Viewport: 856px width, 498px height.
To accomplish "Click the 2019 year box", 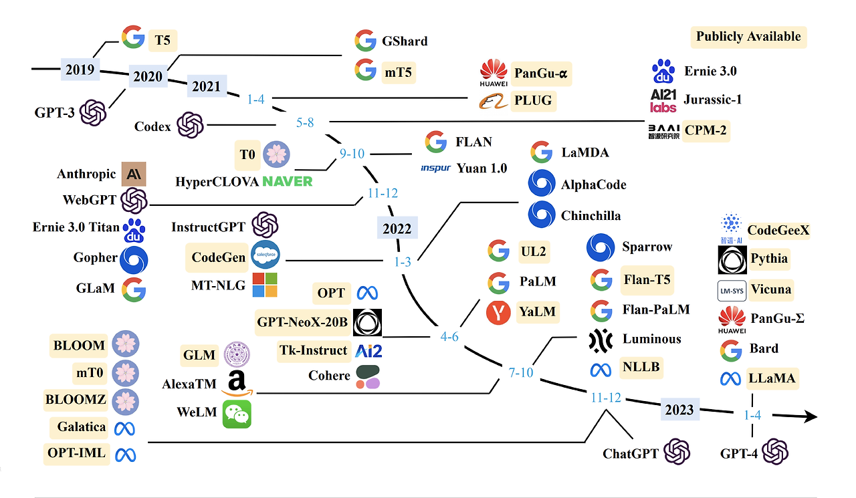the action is tap(80, 70).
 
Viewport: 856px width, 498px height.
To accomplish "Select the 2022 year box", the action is tap(397, 228).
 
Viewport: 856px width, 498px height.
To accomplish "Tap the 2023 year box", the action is tap(679, 409).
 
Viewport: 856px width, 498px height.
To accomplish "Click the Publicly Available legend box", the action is tap(748, 37).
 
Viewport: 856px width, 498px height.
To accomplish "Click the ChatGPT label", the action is tap(631, 453).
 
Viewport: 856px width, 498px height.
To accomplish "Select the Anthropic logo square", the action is tap(134, 174).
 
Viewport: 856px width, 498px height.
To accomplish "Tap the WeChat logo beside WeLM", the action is tap(237, 414).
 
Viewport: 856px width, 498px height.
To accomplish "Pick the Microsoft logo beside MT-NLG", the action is tap(265, 285).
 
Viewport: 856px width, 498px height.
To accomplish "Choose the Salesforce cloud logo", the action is tap(265, 254).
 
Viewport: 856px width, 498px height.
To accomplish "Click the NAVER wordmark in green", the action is tap(288, 181).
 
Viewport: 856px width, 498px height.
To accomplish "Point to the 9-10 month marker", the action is tap(352, 154).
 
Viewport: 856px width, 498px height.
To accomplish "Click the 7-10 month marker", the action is tap(520, 372).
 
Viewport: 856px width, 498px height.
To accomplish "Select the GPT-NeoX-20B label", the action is tap(302, 322).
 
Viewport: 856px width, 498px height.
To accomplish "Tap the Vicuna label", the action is tap(771, 289).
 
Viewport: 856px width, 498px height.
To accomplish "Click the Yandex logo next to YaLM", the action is tap(498, 312).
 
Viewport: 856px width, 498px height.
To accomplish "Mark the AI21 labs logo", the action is tap(663, 100).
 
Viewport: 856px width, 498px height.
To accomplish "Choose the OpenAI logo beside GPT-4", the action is tap(775, 451).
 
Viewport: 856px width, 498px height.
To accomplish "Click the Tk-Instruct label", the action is tap(314, 350).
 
